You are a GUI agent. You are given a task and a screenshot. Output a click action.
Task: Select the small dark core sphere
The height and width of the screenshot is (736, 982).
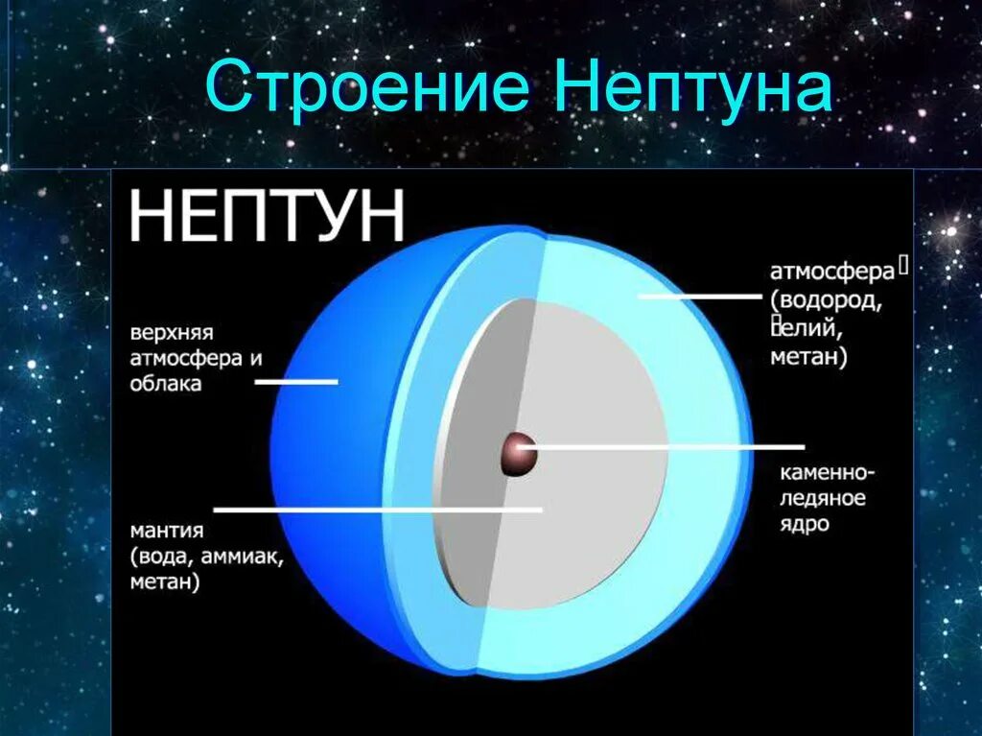click(518, 454)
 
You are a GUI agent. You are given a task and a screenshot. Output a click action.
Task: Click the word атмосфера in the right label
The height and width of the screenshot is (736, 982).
click(831, 273)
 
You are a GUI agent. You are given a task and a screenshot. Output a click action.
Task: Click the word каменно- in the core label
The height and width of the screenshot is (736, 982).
click(825, 474)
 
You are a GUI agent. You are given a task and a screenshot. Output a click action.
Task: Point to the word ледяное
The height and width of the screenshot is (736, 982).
click(823, 499)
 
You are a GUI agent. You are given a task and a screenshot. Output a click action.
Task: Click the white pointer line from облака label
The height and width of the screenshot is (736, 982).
click(296, 382)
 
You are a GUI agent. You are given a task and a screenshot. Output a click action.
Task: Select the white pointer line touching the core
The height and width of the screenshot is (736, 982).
click(671, 447)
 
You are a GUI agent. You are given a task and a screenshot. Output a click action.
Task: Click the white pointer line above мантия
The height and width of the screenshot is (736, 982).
click(378, 510)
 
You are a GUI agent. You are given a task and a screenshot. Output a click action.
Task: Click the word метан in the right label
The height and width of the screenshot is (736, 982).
click(807, 358)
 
